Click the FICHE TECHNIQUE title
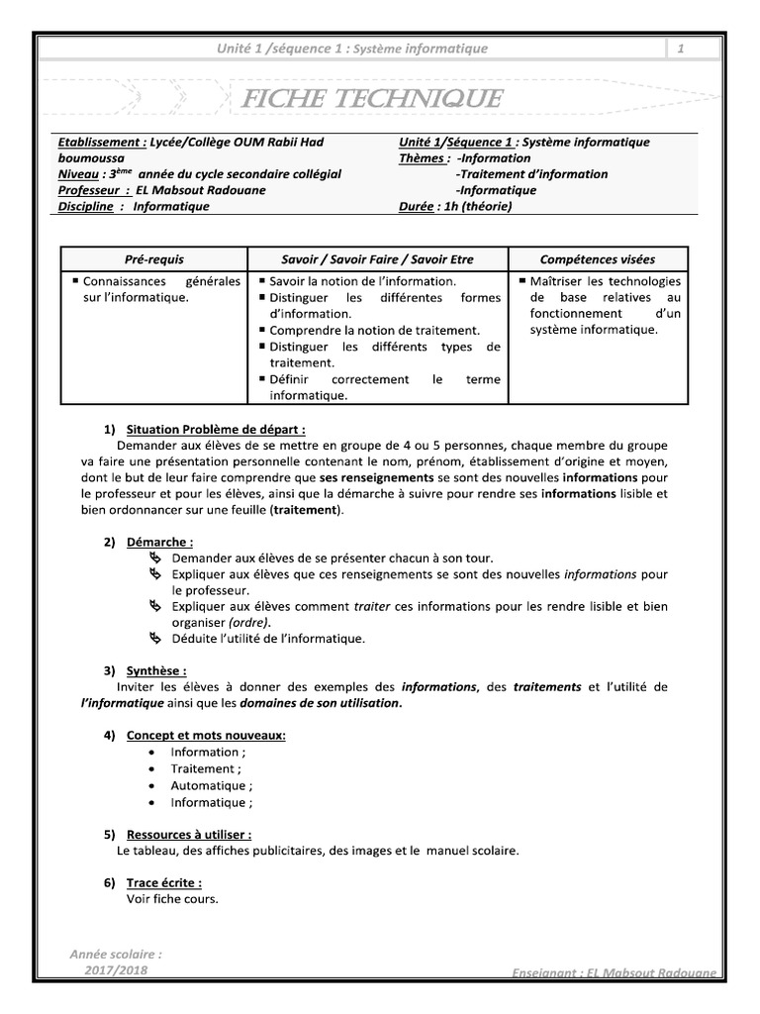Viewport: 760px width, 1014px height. coord(367,99)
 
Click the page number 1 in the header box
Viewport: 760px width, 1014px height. coord(681,50)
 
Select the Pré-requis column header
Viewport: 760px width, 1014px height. coord(153,259)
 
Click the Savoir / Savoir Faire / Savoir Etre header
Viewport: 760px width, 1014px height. coord(377,259)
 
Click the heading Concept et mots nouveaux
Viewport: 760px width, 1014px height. coord(207,735)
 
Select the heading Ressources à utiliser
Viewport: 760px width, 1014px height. coord(189,834)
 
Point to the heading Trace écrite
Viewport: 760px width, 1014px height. coord(163,882)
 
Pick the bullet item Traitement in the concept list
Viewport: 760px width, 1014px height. coord(204,768)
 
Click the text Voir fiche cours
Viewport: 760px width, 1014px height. coord(171,899)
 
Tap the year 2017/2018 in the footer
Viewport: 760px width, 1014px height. coord(116,972)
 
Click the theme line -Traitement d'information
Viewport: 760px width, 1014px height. coord(531,174)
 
